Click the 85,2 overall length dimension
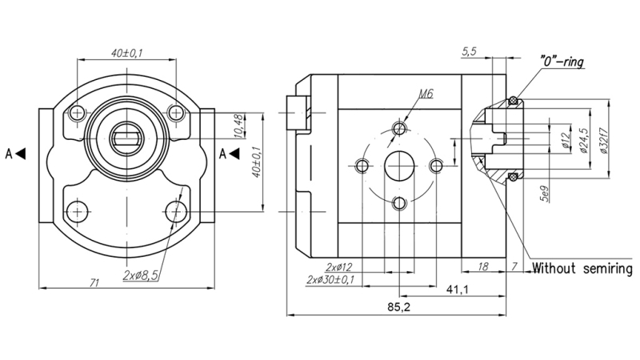pyautogui.click(x=398, y=307)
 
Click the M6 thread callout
pyautogui.click(x=425, y=94)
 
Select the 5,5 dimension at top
pyautogui.click(x=470, y=52)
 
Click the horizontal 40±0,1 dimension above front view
pyautogui.click(x=127, y=53)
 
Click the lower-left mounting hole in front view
pyautogui.click(x=77, y=211)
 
